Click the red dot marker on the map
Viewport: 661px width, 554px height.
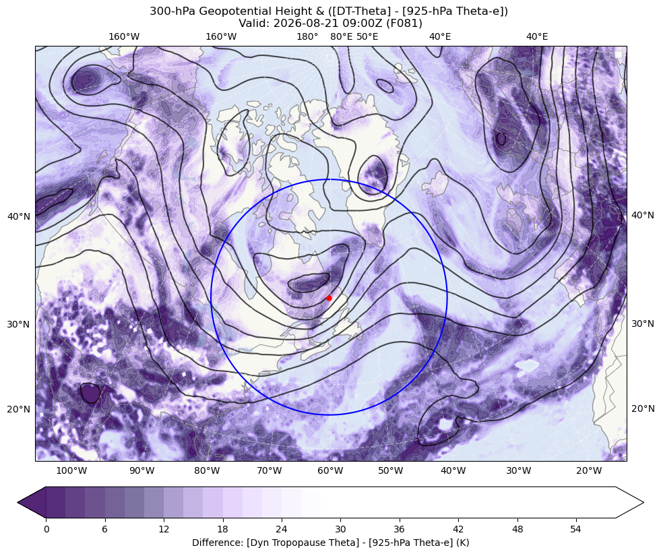[329, 298]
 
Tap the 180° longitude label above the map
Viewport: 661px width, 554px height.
[307, 36]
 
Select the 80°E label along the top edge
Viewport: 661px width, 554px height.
[341, 36]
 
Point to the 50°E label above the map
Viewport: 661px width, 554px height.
[367, 36]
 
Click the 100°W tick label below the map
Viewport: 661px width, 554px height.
[71, 470]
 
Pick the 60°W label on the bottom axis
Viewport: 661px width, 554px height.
[330, 470]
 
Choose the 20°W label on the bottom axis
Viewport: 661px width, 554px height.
[589, 470]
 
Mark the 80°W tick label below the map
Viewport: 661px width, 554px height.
[207, 470]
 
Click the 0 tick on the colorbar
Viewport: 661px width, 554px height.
[46, 530]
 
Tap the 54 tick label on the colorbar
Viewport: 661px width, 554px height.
[575, 530]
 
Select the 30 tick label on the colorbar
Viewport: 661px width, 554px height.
[340, 530]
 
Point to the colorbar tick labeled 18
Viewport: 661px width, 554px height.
[222, 530]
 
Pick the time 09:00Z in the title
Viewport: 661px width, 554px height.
[367, 23]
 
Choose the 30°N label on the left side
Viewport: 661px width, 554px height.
[19, 324]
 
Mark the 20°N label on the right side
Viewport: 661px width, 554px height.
[642, 408]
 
